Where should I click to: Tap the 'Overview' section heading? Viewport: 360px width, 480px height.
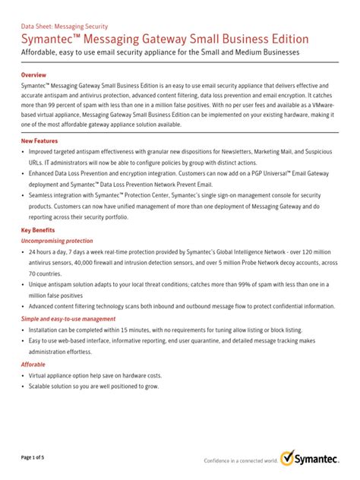click(34, 76)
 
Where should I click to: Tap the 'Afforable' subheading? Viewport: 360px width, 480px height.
click(33, 365)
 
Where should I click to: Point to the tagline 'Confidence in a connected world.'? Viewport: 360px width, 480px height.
click(240, 461)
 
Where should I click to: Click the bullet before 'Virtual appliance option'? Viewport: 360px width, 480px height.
click(23, 376)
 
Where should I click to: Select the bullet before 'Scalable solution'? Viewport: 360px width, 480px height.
click(23, 387)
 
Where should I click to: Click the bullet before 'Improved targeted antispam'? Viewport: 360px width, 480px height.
click(23, 152)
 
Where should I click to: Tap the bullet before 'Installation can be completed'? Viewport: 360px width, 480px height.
click(23, 330)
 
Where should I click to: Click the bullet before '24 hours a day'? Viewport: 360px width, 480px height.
click(23, 251)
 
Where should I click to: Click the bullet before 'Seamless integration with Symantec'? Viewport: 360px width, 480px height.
click(23, 196)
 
